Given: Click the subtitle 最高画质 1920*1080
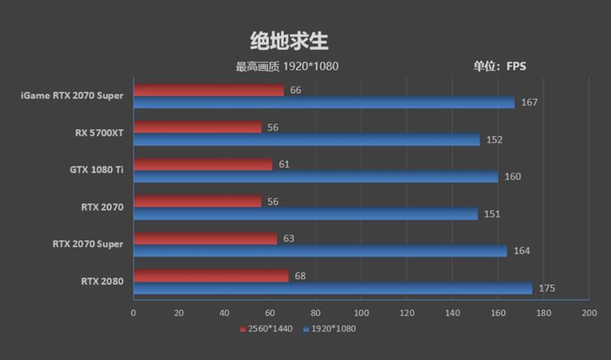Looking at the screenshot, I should [287, 66].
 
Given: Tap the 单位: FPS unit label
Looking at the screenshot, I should [499, 66].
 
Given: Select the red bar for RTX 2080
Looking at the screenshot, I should [211, 275].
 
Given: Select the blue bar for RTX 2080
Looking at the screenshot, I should [332, 288].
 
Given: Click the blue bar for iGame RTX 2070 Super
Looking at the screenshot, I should [324, 102].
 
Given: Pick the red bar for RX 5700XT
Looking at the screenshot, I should [197, 127].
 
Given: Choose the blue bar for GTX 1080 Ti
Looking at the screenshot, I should [315, 177].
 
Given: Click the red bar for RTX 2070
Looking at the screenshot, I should [197, 201].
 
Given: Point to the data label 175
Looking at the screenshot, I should [547, 288].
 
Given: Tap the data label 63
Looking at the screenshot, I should [289, 238].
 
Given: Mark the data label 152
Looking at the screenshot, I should [494, 140].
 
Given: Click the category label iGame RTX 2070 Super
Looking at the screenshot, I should [73, 96].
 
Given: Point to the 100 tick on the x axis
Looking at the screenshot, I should [361, 313].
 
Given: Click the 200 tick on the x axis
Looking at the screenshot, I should [589, 313].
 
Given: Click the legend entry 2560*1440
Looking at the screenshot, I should [268, 329].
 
